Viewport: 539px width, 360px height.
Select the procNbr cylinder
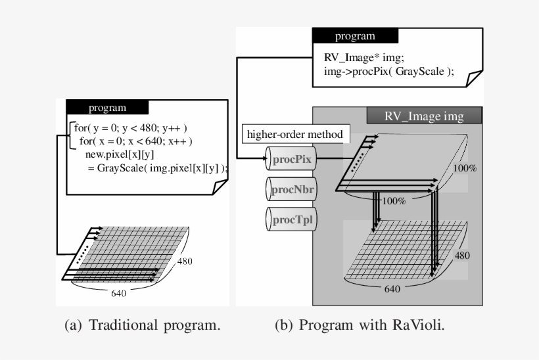coord(291,189)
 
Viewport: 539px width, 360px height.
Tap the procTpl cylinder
coord(291,218)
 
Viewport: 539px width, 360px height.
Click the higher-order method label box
coord(294,135)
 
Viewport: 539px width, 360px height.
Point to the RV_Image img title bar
coord(424,116)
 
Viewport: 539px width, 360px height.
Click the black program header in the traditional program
coord(107,108)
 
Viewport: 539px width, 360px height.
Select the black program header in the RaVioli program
coord(355,36)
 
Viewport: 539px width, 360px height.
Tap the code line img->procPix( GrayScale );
coord(388,72)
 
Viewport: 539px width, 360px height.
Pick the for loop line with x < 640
coord(135,141)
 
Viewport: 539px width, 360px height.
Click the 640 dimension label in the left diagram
coord(119,293)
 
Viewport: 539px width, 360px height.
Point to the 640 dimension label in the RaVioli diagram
coord(392,288)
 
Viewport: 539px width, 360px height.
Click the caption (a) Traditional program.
coord(142,325)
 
